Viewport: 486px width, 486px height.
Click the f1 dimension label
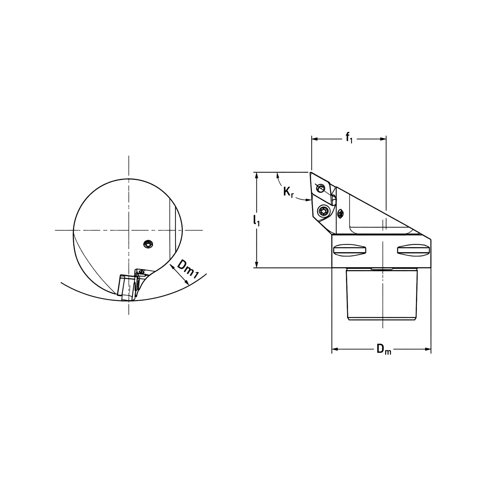tap(349, 138)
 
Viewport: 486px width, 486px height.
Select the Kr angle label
tap(288, 192)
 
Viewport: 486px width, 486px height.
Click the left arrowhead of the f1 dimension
tap(315, 139)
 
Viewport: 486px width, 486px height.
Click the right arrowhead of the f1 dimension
tap(383, 139)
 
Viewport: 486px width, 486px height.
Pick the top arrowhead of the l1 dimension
tap(257, 175)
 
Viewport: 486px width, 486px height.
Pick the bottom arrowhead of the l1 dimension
tap(257, 265)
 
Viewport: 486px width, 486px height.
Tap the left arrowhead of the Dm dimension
tap(335, 349)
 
